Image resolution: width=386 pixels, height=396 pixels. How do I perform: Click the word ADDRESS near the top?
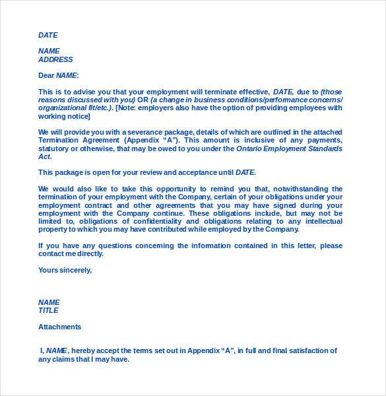coord(55,59)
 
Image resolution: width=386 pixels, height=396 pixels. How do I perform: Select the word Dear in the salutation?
coord(46,75)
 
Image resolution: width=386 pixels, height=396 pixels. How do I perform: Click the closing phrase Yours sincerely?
coord(65,270)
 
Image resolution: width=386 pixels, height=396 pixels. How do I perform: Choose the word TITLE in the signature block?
coord(48,310)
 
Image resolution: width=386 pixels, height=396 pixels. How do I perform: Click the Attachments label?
coord(60,327)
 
